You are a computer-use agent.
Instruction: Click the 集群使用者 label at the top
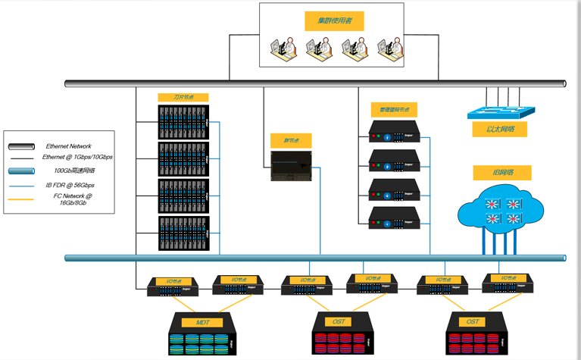(x=334, y=21)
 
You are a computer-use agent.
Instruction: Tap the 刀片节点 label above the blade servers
(x=183, y=98)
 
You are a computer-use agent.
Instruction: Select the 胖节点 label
(x=291, y=141)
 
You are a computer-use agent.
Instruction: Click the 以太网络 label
(x=500, y=130)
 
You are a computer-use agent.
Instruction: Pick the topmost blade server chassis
(x=183, y=122)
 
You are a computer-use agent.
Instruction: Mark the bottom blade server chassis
(x=183, y=233)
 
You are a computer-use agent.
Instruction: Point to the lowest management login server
(x=394, y=218)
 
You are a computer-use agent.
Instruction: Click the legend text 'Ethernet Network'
(x=68, y=146)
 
